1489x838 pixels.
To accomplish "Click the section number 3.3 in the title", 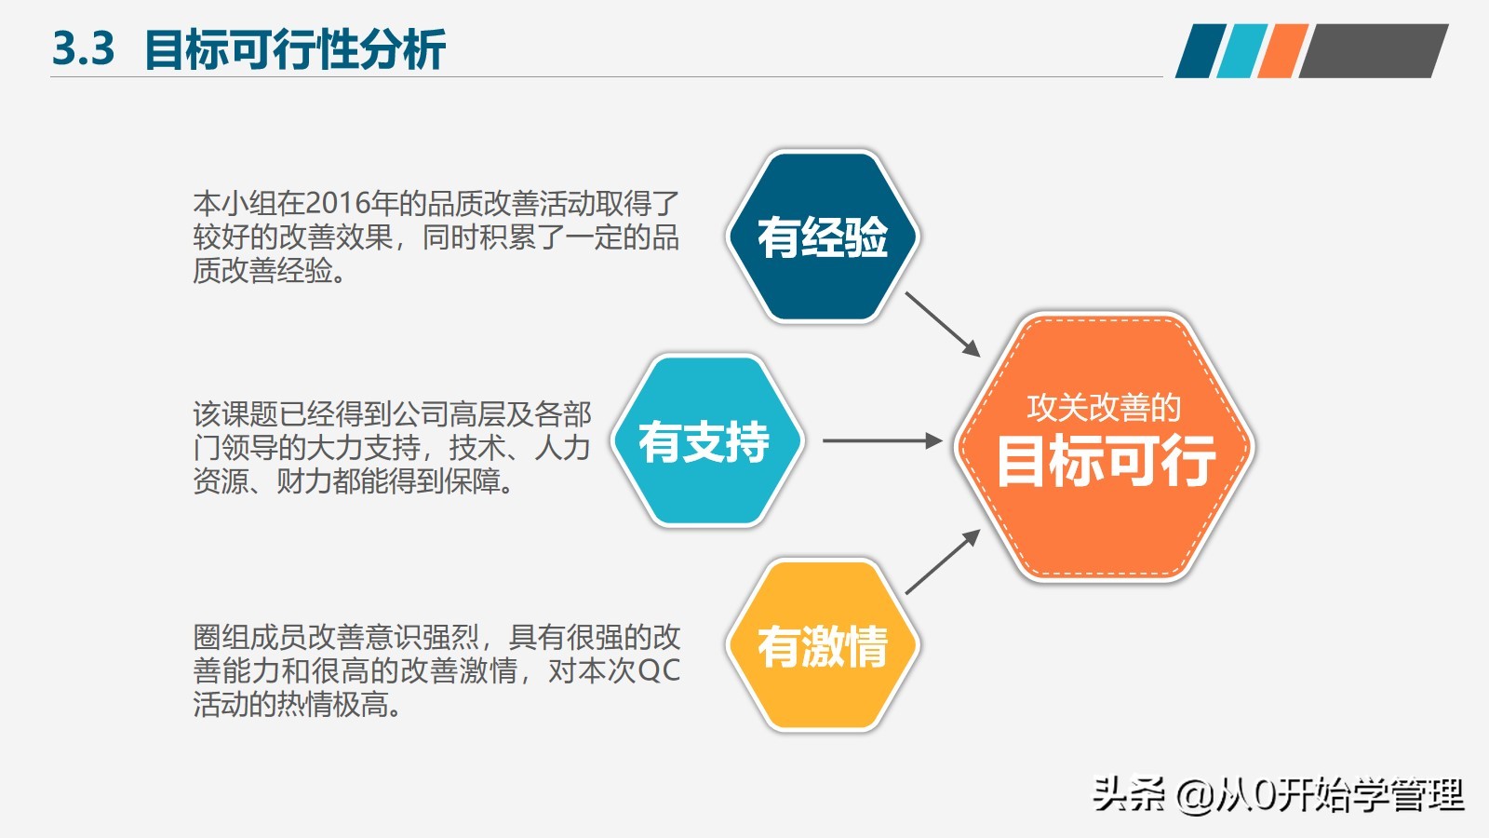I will pos(83,49).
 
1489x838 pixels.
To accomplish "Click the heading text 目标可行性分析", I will pos(295,49).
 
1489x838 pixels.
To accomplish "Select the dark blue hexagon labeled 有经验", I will pos(822,237).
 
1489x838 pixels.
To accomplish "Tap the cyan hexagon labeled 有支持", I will pos(704,441).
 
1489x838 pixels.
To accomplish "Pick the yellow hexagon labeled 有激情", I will pos(822,645).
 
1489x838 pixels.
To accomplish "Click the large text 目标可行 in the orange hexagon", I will pos(1105,461).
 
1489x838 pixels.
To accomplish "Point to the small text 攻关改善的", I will pos(1104,407).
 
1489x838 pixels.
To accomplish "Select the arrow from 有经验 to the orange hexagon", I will pos(942,323).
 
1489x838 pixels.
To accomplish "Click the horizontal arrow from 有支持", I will pos(881,440).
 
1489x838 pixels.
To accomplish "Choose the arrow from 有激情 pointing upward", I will pos(942,561).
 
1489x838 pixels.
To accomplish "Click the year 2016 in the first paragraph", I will pos(337,203).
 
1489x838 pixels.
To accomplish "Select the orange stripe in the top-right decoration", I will pos(1282,51).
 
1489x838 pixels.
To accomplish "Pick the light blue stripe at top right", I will pos(1241,51).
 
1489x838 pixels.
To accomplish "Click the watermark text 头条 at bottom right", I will pos(1128,794).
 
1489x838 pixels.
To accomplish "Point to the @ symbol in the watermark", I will pos(1195,795).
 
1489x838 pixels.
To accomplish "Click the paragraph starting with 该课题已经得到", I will pos(391,448).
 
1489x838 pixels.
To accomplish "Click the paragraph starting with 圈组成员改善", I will pos(436,670).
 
